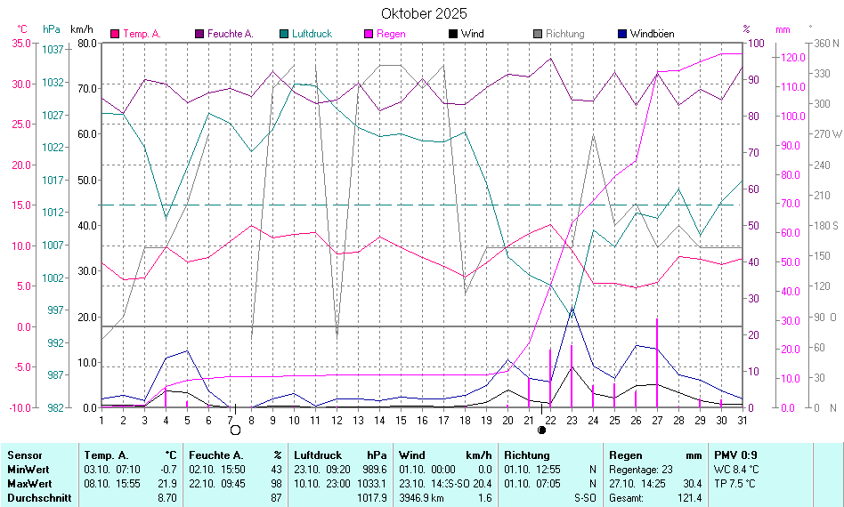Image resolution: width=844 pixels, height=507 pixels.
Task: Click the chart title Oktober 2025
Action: tap(424, 13)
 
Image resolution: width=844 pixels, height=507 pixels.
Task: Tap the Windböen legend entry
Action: tap(652, 34)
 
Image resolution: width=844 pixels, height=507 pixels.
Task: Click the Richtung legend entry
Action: tap(564, 34)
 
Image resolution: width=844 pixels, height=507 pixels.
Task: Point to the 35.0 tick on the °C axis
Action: tap(20, 43)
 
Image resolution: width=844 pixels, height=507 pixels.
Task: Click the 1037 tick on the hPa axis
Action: tap(53, 50)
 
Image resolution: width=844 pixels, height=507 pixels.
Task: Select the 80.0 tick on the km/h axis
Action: tap(86, 43)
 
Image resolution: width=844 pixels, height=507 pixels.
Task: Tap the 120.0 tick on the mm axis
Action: tap(792, 58)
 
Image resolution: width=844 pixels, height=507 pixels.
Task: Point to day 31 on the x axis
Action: tap(741, 420)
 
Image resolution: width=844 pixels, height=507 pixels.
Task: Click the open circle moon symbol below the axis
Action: tap(236, 431)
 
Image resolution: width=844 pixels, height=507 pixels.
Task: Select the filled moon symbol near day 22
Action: tap(542, 431)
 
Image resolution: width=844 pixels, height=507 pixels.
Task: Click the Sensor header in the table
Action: tap(24, 455)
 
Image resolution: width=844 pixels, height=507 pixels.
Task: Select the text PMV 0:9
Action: tap(735, 455)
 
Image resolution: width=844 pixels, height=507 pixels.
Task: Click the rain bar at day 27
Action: tap(657, 365)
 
